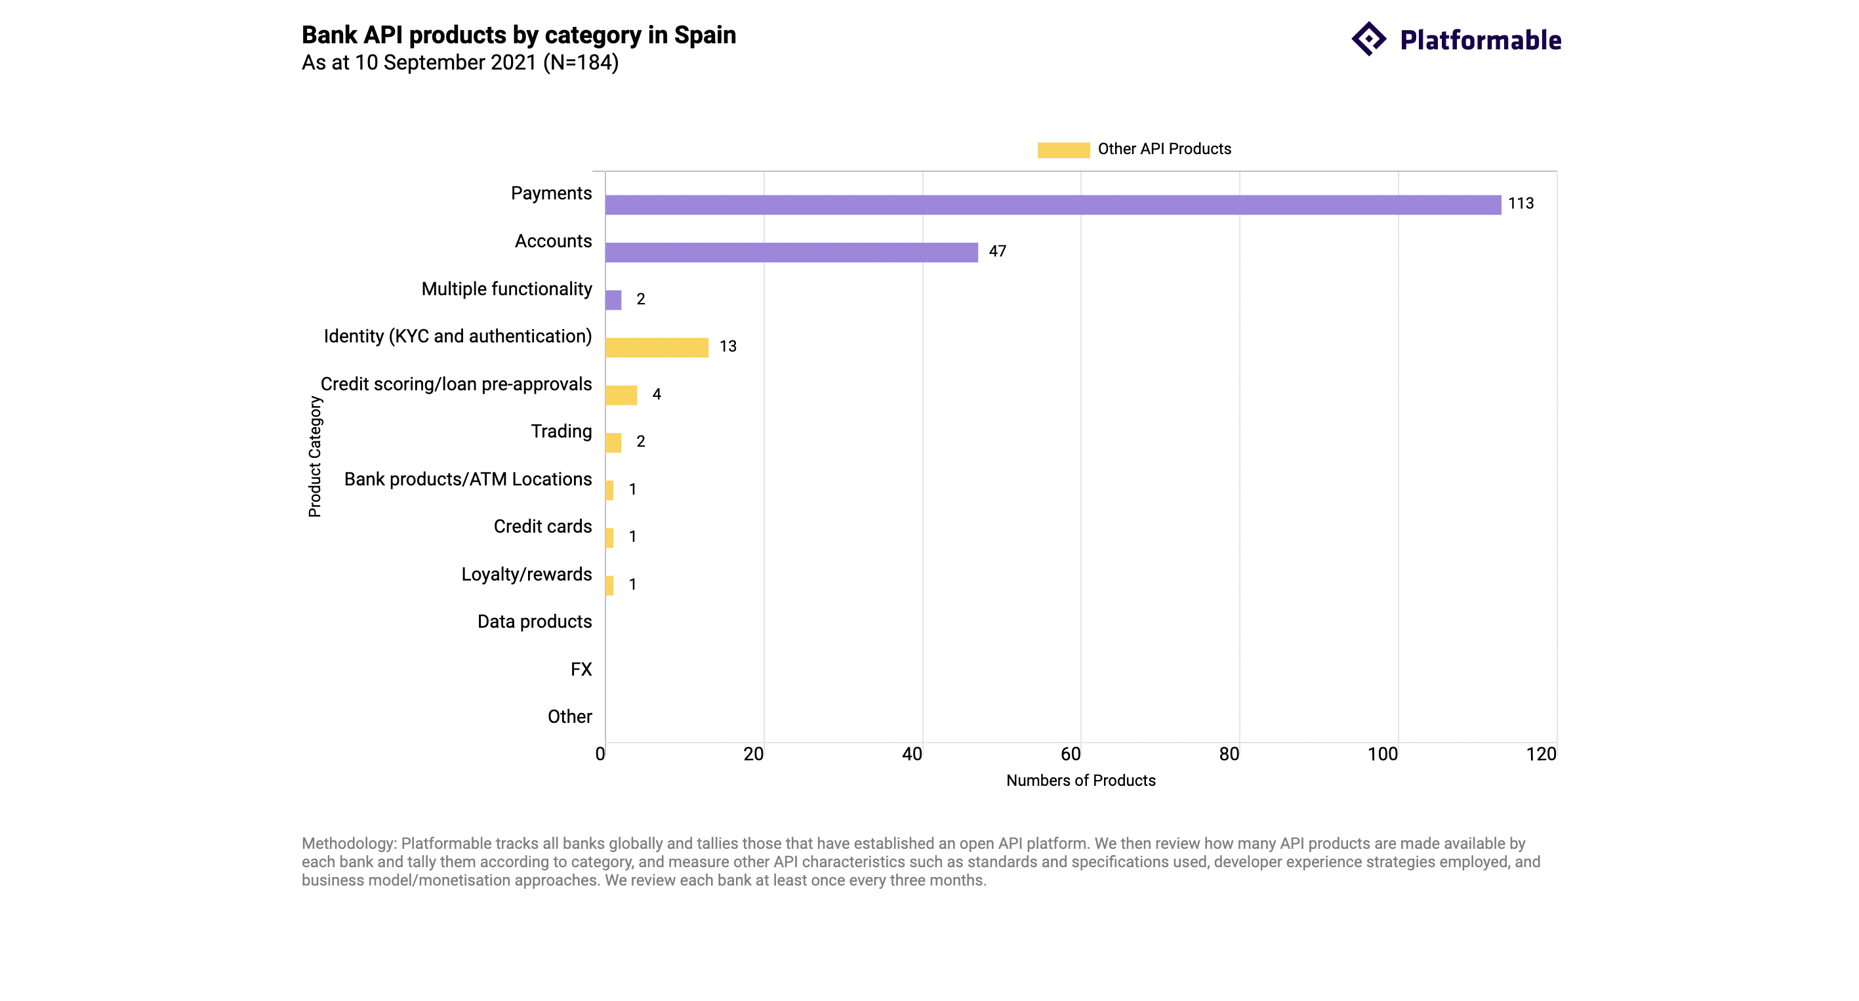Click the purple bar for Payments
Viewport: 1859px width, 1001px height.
(1052, 205)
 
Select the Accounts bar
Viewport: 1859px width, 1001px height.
(791, 253)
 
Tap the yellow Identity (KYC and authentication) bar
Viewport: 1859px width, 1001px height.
(657, 348)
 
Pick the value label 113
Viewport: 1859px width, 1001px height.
(1520, 203)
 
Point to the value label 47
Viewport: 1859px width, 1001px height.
(996, 251)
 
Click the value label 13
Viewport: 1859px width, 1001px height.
(727, 346)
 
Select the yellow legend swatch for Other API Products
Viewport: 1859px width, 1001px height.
(1063, 150)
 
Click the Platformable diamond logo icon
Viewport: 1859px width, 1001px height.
(1368, 39)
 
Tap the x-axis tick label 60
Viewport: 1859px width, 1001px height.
(1071, 754)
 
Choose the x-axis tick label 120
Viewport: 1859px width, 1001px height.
(1541, 754)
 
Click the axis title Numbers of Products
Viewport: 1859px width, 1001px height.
(1080, 780)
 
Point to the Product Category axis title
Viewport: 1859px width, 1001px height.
(315, 456)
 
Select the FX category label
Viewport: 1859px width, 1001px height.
(581, 669)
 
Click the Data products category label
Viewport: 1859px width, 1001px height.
(534, 621)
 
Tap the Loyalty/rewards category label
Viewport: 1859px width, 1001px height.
(526, 575)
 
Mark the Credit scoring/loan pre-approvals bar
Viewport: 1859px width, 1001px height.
(621, 396)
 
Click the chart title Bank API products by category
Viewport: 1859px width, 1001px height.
(518, 35)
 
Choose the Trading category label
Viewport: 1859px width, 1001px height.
(561, 432)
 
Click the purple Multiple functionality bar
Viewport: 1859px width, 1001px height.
(613, 300)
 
